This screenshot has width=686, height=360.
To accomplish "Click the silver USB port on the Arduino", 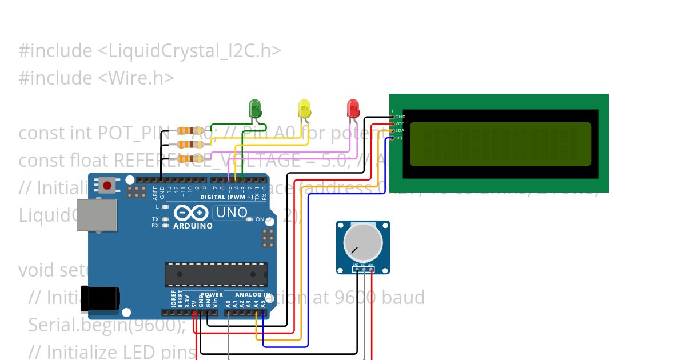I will coord(97,215).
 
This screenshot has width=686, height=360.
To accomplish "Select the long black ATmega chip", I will coord(216,274).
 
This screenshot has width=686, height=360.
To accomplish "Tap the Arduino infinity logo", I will coord(191,213).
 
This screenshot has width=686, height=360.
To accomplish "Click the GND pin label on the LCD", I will coord(400,117).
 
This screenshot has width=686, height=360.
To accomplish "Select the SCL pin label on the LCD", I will coord(400,138).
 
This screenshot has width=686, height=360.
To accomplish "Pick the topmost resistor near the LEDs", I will coord(191,131).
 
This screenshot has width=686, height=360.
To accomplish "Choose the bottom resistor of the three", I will coord(191,158).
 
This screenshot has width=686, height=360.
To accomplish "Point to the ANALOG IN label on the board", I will coord(253,295).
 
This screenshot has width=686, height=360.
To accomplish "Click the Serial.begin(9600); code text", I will coord(107,325).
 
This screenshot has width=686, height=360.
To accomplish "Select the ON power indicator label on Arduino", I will coord(260,219).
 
